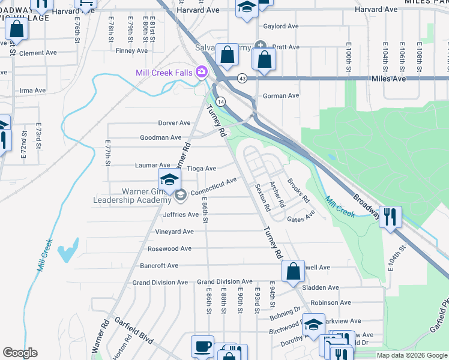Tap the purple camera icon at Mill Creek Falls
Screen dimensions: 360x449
(200, 73)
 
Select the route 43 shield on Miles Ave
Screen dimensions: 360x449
(242, 78)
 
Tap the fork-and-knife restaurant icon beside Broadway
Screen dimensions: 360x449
(390, 216)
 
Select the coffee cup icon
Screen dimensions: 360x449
(202, 346)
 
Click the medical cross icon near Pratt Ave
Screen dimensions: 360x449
(260, 46)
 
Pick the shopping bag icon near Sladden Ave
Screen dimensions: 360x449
(293, 271)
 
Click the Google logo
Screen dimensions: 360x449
(20, 353)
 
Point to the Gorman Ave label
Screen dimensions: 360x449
(281, 95)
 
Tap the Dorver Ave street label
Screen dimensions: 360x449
(174, 123)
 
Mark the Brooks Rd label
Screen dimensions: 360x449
(298, 190)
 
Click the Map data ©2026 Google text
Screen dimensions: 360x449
(412, 355)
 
